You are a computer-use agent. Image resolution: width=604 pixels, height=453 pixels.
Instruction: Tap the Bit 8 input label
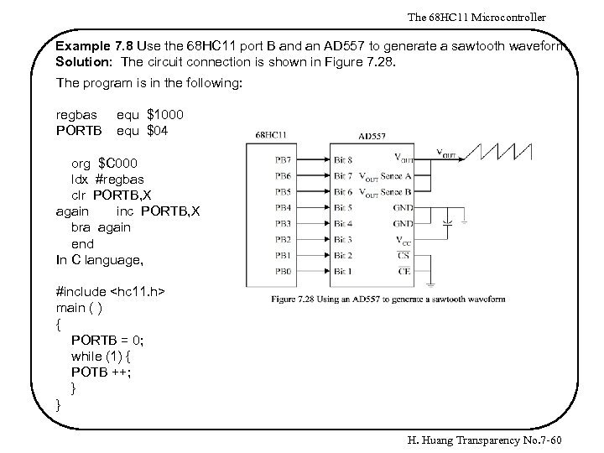click(x=342, y=159)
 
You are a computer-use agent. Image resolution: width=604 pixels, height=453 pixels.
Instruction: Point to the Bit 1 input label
click(x=342, y=271)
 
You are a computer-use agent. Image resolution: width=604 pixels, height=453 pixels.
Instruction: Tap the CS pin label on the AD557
click(x=404, y=255)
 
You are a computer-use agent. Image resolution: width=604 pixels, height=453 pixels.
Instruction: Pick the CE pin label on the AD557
click(x=404, y=271)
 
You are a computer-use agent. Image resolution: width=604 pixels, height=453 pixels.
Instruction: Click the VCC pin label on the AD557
click(x=403, y=240)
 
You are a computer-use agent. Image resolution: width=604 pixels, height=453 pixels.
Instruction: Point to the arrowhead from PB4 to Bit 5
click(x=327, y=207)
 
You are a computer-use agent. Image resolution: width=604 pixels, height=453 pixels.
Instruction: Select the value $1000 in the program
click(x=166, y=114)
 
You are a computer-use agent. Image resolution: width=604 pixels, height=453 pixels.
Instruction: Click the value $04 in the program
click(x=159, y=130)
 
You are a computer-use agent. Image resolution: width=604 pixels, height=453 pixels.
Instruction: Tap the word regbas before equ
click(x=75, y=114)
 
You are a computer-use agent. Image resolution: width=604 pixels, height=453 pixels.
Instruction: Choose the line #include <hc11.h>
click(x=109, y=291)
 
